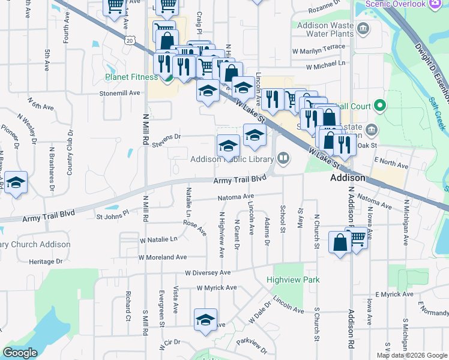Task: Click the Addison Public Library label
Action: click(x=232, y=159)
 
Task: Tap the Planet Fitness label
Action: click(x=131, y=77)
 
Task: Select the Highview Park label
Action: click(x=294, y=280)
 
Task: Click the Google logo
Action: click(x=20, y=353)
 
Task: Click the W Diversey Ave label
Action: click(x=208, y=272)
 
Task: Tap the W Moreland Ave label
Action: click(x=163, y=257)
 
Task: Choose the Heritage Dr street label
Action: click(x=46, y=262)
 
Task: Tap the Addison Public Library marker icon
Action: click(x=283, y=158)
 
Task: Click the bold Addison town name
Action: click(x=348, y=178)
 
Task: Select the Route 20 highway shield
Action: click(x=130, y=40)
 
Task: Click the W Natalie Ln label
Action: click(x=158, y=239)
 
